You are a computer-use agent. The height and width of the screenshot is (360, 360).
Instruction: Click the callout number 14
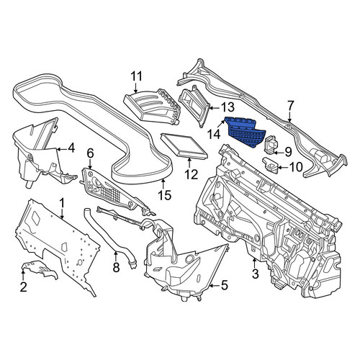(214, 135)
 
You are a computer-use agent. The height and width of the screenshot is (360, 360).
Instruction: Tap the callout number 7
(290, 106)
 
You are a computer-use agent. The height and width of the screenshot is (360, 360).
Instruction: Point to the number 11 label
(136, 76)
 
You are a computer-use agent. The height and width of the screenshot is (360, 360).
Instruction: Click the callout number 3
(256, 274)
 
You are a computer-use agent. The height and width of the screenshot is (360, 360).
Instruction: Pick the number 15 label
(165, 195)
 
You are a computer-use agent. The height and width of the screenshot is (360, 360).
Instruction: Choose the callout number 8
(116, 267)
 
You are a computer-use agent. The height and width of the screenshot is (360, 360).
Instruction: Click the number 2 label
(23, 287)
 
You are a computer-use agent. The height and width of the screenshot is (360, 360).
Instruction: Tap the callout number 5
(224, 285)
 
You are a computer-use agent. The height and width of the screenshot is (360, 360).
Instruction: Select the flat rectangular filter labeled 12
(184, 146)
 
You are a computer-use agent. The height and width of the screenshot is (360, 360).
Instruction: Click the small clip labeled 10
(271, 165)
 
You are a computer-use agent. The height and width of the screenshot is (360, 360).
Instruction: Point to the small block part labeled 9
(271, 144)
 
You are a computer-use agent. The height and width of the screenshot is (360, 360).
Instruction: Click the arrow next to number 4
(62, 150)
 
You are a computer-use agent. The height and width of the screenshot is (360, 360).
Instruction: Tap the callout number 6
(90, 153)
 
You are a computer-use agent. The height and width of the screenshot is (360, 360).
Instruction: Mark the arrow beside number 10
(283, 167)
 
